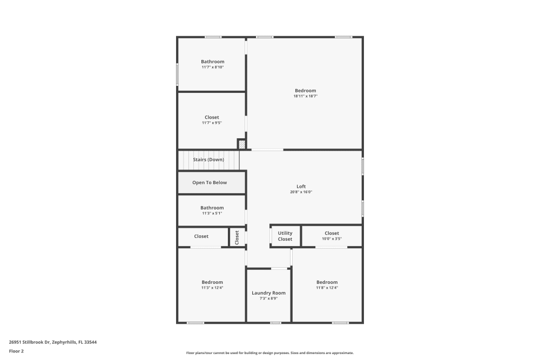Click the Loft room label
pos(301,187)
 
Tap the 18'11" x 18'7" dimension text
pos(305,96)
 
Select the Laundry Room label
pos(268,293)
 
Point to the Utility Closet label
pos(285,236)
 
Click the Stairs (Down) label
pos(208,160)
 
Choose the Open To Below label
pos(210,182)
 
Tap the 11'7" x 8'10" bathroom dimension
pos(213,67)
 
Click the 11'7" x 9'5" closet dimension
pos(212,123)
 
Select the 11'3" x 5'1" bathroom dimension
pos(212,213)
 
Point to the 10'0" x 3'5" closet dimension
pos(332,239)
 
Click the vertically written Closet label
pos(237,237)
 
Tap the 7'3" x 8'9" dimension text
pos(268,298)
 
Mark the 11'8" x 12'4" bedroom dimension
pos(327,288)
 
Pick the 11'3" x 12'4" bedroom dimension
pos(212,288)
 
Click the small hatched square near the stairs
pos(241,144)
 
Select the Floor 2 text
pos(16,351)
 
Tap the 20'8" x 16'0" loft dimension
pos(301,192)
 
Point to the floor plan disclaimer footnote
pos(269,353)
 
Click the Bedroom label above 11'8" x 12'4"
pos(327,282)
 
